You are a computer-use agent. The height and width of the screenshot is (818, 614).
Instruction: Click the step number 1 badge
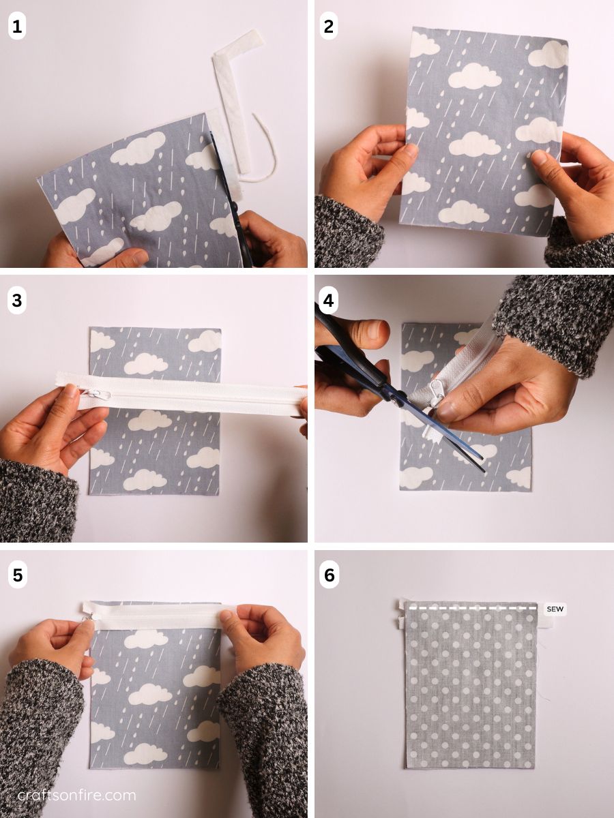click(17, 27)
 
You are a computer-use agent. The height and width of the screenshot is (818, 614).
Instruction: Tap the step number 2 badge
click(329, 27)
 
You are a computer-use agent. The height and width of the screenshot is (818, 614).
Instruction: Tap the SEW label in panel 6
click(555, 609)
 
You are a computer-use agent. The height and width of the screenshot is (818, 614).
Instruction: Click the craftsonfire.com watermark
click(76, 795)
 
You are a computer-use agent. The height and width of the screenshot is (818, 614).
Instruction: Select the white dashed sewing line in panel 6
click(471, 607)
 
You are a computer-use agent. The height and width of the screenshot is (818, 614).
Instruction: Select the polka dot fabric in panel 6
click(471, 688)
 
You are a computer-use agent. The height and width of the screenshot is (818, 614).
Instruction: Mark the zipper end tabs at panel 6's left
click(401, 613)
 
